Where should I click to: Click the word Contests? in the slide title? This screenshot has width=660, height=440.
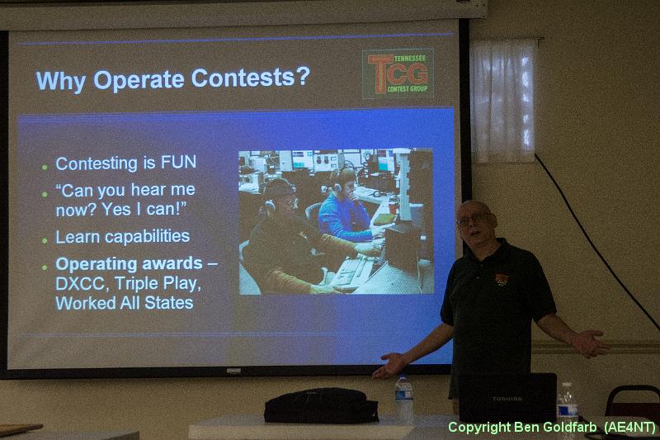(251, 78)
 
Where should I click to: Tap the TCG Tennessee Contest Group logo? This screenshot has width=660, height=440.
(398, 73)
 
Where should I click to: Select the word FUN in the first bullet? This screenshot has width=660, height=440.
(178, 162)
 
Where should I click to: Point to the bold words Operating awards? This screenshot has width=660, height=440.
(129, 263)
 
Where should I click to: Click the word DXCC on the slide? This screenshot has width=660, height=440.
(80, 283)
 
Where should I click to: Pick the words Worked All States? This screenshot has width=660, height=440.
(125, 303)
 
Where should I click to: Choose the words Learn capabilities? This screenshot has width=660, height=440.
(122, 237)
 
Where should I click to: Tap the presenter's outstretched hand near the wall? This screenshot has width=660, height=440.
(589, 343)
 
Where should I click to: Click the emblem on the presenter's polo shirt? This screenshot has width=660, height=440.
(502, 280)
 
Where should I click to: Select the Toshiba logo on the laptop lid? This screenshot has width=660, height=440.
(507, 398)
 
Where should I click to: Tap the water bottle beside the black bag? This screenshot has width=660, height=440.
(403, 398)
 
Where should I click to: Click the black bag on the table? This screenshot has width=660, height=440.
(321, 405)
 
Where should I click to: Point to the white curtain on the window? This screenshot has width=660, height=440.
(502, 101)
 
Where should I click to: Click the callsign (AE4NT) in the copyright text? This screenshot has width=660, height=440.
(629, 427)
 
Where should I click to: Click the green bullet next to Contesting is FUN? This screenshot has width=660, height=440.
(45, 167)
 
